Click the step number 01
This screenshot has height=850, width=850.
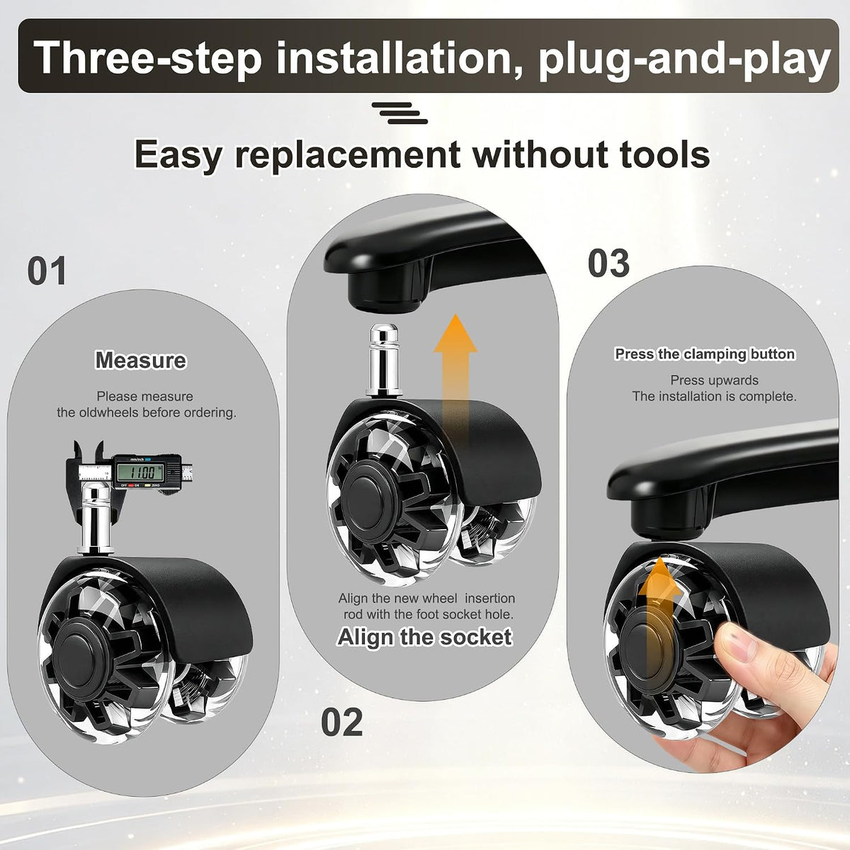pos(47,271)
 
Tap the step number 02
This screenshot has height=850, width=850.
pos(342,722)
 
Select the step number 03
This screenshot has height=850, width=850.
pos(608,263)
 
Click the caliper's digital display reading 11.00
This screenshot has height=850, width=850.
pos(141,473)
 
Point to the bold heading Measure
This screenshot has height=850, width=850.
pos(141,360)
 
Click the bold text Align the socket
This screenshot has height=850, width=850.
pos(425,637)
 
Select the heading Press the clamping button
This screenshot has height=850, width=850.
pos(705,353)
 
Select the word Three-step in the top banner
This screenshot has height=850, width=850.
pos(149,57)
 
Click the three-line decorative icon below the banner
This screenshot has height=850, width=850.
pos(399,113)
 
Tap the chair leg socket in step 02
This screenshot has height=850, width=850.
pos(384,291)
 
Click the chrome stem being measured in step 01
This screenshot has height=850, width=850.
pos(95,519)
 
